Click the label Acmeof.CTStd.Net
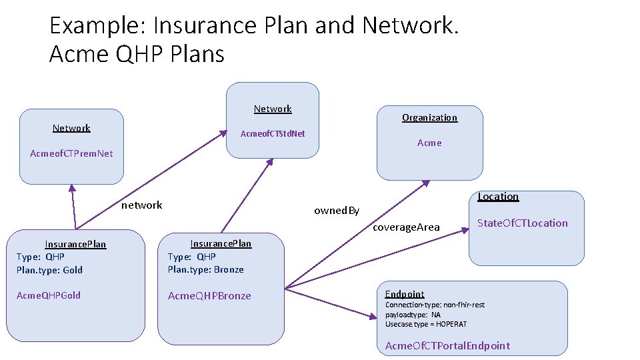[272, 133]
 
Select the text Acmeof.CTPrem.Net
[71, 153]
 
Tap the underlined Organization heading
[429, 117]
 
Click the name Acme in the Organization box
[429, 143]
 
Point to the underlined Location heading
[498, 196]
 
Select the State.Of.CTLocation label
[523, 223]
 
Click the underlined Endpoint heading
[405, 294]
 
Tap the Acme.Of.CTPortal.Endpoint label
[447, 345]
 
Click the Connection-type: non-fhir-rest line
[435, 305]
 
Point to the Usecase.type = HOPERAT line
[426, 324]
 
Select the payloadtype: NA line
[413, 315]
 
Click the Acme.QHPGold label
[49, 295]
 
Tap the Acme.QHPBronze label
[209, 295]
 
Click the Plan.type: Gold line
[50, 270]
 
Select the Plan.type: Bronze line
[205, 269]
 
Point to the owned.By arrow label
[337, 211]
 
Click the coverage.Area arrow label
[406, 227]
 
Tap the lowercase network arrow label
[141, 205]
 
